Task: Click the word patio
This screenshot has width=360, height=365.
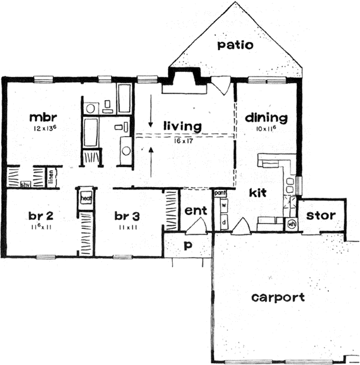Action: (235, 46)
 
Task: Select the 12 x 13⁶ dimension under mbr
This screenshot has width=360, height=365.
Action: (43, 129)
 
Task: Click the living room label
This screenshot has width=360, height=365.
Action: (181, 126)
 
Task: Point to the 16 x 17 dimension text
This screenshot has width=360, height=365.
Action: (181, 139)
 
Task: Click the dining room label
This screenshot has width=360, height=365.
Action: (266, 118)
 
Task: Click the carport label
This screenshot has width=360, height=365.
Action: (278, 297)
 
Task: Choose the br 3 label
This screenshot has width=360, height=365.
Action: (128, 215)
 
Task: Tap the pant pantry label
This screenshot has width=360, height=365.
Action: (220, 193)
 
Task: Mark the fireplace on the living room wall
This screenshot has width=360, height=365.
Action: (186, 80)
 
